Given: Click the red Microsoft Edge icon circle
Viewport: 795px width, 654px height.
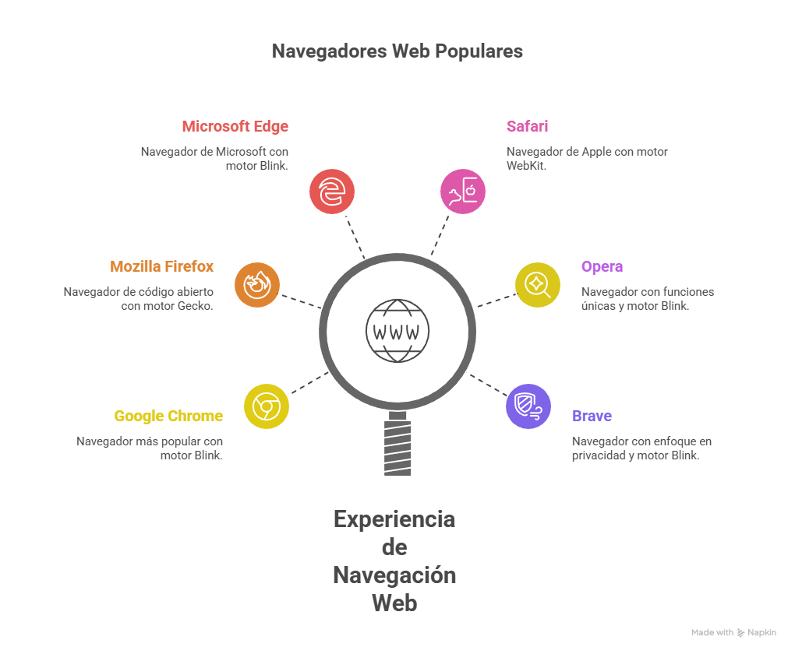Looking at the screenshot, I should (x=332, y=191).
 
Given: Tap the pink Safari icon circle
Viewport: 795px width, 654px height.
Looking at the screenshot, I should (x=463, y=191).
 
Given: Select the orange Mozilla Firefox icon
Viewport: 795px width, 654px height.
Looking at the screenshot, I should (x=257, y=285).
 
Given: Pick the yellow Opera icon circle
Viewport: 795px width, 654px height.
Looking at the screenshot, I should (x=538, y=284).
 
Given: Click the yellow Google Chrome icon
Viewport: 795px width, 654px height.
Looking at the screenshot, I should (x=267, y=406).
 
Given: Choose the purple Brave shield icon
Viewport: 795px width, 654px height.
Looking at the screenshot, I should (x=528, y=406).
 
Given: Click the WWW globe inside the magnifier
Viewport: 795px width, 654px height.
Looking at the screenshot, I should (x=397, y=332).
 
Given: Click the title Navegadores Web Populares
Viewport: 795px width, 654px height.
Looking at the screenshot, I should (x=397, y=51).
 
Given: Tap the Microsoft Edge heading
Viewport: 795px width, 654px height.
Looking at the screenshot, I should (x=235, y=126).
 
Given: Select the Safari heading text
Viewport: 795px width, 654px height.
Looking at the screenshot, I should (x=527, y=126).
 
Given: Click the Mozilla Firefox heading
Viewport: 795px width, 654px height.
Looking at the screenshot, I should (x=162, y=266).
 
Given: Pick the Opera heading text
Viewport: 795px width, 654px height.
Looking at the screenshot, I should (x=602, y=266).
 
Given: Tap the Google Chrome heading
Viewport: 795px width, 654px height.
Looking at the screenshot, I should (x=168, y=416).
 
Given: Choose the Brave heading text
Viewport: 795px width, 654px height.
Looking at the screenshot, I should (x=592, y=416).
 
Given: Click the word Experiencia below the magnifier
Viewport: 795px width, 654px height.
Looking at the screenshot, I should (x=394, y=519).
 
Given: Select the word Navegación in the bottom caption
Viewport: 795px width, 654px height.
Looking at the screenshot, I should (x=394, y=575).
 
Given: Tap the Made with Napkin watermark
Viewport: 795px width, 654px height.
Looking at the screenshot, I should (x=733, y=633).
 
